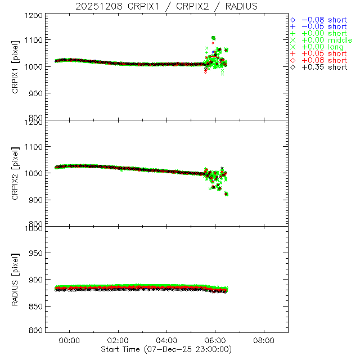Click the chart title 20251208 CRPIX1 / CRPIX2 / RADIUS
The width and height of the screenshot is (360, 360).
pyautogui.click(x=166, y=6)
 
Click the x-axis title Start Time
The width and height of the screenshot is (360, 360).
pyautogui.click(x=166, y=349)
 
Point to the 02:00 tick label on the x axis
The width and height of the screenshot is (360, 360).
pyautogui.click(x=118, y=340)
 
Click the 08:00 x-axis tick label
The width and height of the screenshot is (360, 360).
pyautogui.click(x=264, y=340)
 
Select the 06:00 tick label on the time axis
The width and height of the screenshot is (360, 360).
pyautogui.click(x=215, y=340)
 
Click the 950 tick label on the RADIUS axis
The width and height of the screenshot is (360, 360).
pyautogui.click(x=35, y=253)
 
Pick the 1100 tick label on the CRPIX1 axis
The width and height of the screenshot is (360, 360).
pyautogui.click(x=33, y=40)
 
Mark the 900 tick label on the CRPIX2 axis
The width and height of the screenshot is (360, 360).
pyautogui.click(x=35, y=200)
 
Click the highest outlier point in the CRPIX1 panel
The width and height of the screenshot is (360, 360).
pyautogui.click(x=213, y=38)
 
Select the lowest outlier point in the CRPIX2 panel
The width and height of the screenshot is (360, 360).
pyautogui.click(x=226, y=194)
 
